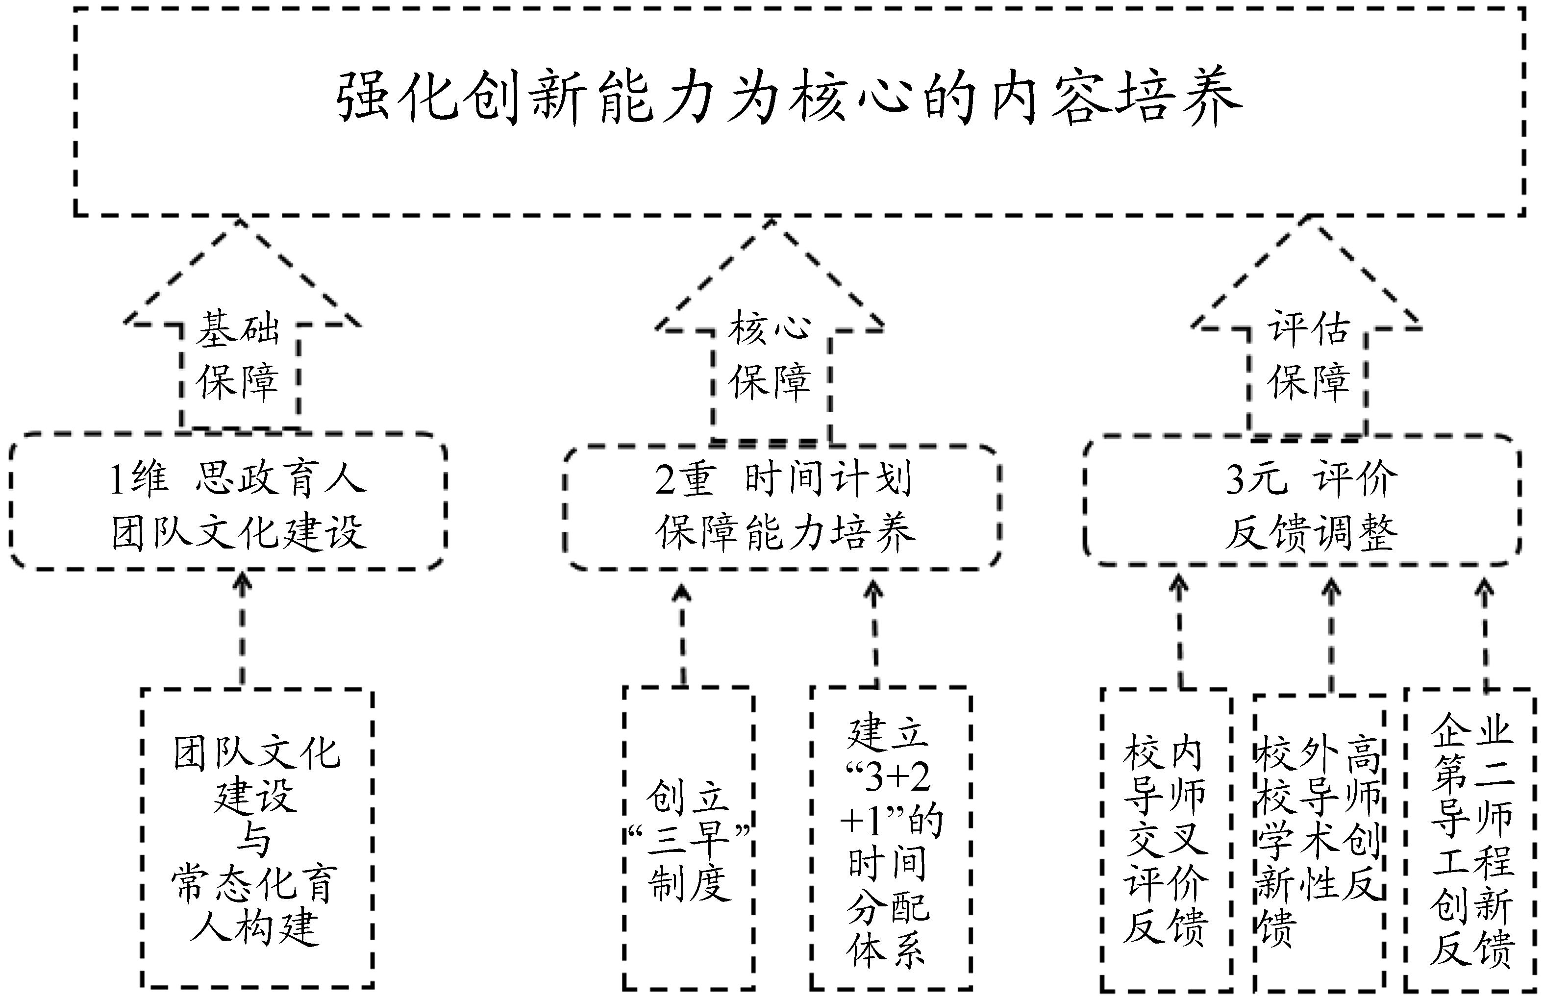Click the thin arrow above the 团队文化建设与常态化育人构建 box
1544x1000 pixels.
pyautogui.click(x=243, y=629)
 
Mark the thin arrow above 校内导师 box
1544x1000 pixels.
pyautogui.click(x=1179, y=633)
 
